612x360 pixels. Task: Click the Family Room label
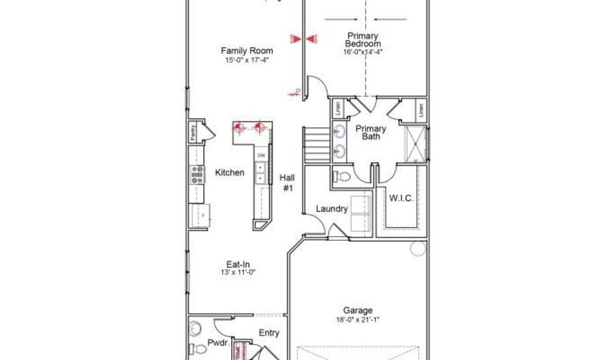coord(247,50)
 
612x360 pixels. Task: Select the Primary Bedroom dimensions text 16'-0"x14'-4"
coord(362,52)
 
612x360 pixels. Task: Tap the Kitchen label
coord(230,173)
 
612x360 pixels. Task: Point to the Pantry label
coord(194,132)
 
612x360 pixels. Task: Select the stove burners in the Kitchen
coord(197,174)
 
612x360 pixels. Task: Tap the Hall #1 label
coord(287,182)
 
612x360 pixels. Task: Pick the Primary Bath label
coord(371,132)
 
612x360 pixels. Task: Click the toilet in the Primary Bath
coord(343,177)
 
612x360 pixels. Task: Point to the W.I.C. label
coord(401,199)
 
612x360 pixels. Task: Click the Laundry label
coord(332,209)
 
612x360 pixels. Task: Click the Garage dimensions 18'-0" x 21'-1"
coord(358,319)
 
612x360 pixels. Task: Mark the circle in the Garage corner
coord(418,248)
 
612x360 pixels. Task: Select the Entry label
coord(269,333)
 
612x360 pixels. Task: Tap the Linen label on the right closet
coord(421,109)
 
